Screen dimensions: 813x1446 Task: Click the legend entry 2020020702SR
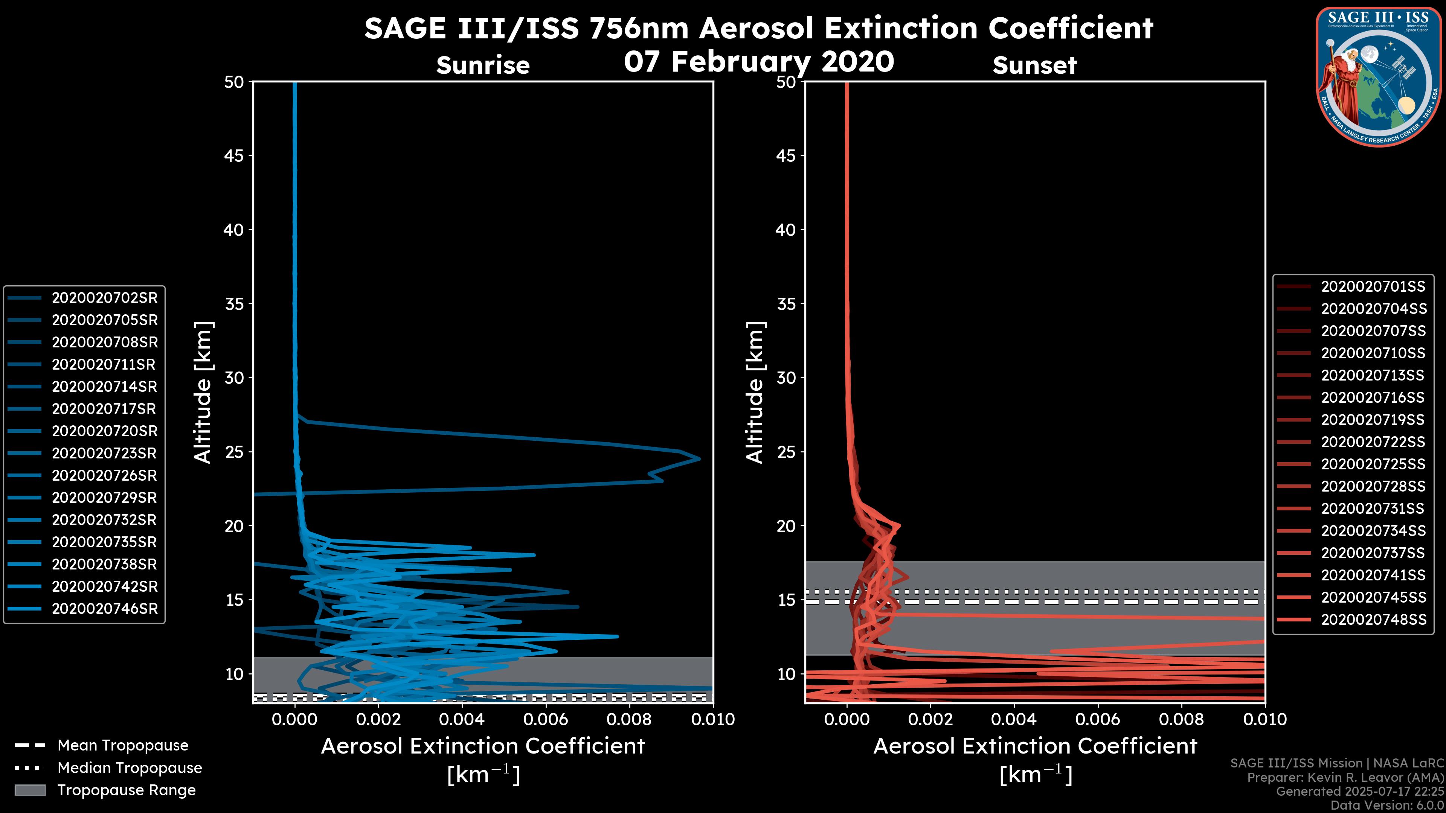pyautogui.click(x=104, y=298)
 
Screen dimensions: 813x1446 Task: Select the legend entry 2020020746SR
pyautogui.click(x=104, y=609)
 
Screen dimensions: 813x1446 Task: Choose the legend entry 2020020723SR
pyautogui.click(x=104, y=453)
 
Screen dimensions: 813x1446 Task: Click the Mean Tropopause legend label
pyautogui.click(x=122, y=746)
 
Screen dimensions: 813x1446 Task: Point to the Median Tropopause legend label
pyautogui.click(x=129, y=768)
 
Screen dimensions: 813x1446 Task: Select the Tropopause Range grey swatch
pyautogui.click(x=30, y=790)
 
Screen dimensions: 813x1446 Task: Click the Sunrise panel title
pyautogui.click(x=483, y=65)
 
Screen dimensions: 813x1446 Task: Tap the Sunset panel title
pyautogui.click(x=1034, y=65)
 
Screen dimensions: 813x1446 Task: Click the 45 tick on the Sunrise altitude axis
pyautogui.click(x=234, y=155)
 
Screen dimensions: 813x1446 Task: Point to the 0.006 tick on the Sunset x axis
pyautogui.click(x=1097, y=719)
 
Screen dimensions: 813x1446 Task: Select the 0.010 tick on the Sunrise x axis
pyautogui.click(x=712, y=719)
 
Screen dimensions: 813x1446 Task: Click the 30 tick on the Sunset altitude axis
pyautogui.click(x=786, y=378)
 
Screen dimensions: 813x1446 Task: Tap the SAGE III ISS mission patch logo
pyautogui.click(x=1379, y=76)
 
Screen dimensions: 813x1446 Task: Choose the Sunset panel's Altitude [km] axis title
pyautogui.click(x=755, y=392)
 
